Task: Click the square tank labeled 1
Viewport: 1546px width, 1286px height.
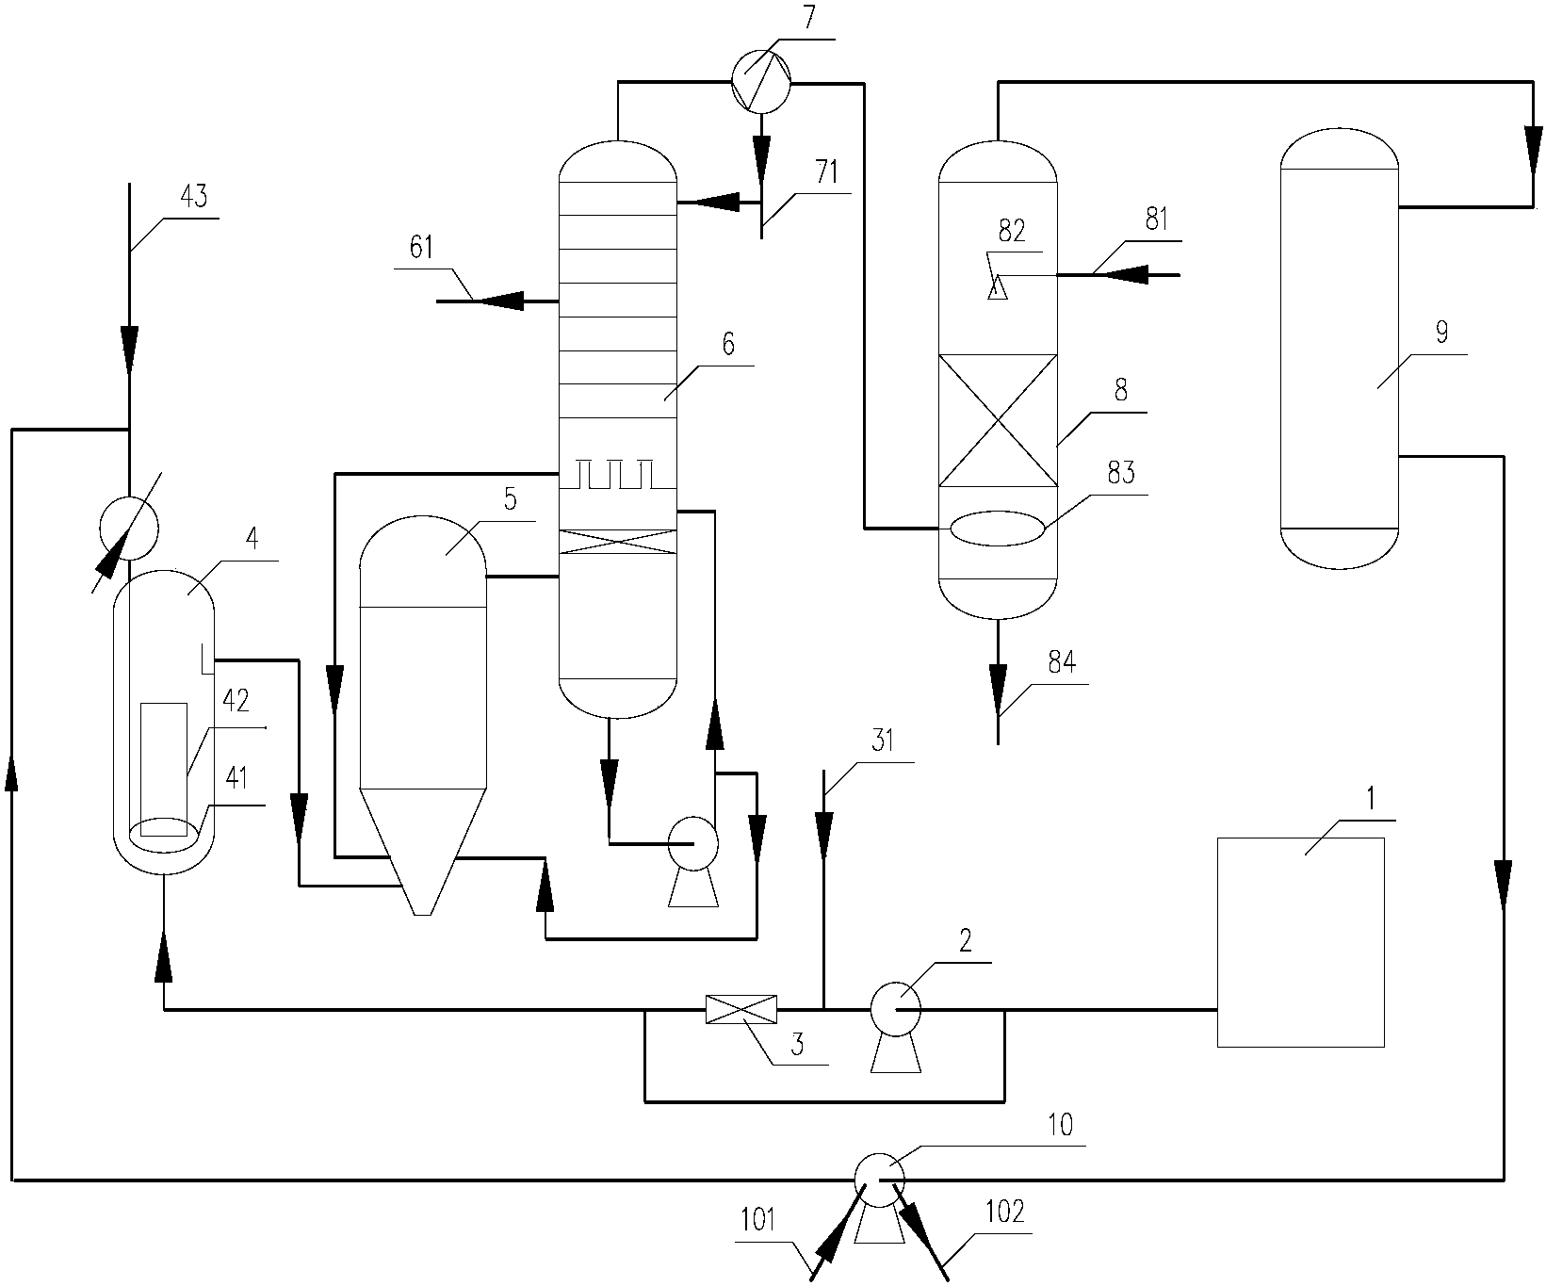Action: tap(1300, 942)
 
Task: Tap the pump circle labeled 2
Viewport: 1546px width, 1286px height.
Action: tap(895, 1009)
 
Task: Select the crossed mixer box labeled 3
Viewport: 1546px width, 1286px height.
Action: tap(741, 1009)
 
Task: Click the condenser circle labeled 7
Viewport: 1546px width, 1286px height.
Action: tap(761, 83)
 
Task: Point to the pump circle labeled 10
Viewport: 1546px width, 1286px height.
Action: tap(878, 1178)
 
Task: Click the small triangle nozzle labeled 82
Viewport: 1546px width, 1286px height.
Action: tap(998, 286)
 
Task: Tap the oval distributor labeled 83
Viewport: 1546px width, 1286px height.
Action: tap(998, 528)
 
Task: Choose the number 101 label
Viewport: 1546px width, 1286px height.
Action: tap(758, 1223)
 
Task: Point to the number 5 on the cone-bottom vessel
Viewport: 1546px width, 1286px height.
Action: tap(510, 500)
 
